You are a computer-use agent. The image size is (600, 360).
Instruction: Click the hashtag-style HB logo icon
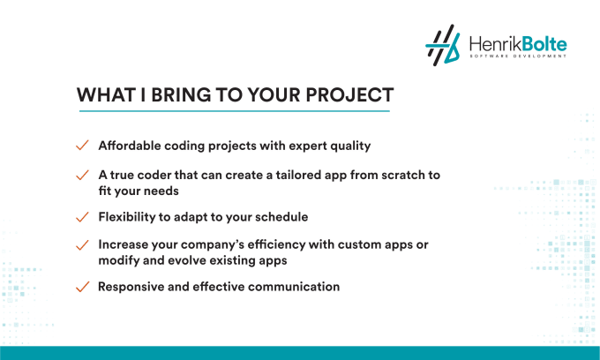(442, 45)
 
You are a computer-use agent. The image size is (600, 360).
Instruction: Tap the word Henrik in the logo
(495, 44)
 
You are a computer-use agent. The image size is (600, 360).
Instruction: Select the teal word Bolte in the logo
(544, 44)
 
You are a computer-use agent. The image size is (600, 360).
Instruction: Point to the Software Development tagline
(518, 56)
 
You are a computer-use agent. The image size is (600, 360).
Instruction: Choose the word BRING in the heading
(181, 95)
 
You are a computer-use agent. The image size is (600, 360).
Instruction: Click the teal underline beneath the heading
(234, 111)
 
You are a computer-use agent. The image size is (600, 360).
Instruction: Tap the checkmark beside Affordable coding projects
(82, 146)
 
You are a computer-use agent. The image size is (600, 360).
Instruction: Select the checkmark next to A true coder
(82, 175)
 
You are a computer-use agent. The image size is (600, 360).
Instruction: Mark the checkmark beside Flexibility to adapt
(82, 217)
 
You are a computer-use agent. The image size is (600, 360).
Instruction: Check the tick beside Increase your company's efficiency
(82, 244)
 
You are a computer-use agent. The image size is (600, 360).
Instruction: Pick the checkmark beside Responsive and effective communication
(82, 287)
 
